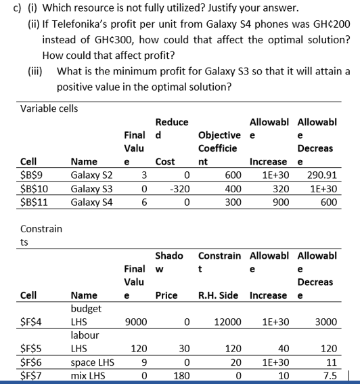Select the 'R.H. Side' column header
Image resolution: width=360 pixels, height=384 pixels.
tap(219, 296)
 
